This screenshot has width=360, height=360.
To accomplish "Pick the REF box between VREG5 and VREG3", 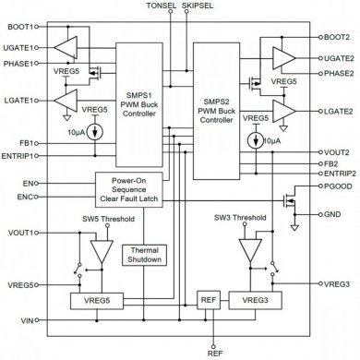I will click(x=208, y=301).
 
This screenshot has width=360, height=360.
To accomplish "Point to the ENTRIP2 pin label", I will click(x=341, y=173).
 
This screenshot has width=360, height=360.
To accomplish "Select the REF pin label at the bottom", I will click(x=214, y=352).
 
